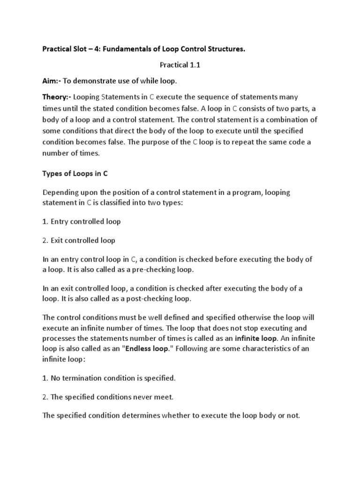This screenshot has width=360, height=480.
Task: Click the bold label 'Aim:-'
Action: (52, 82)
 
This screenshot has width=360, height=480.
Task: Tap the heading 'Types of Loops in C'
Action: (75, 173)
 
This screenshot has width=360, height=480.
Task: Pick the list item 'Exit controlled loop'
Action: (82, 240)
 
